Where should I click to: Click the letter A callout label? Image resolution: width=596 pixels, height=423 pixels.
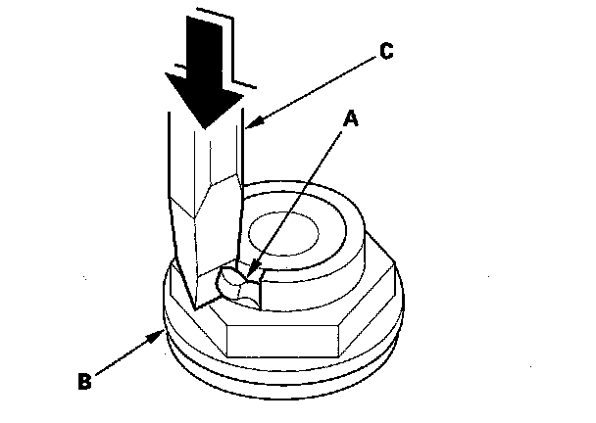pos(349,120)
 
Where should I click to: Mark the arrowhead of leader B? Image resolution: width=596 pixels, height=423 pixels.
pos(161,333)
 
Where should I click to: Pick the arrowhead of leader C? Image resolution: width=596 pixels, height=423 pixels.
pos(245,125)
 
